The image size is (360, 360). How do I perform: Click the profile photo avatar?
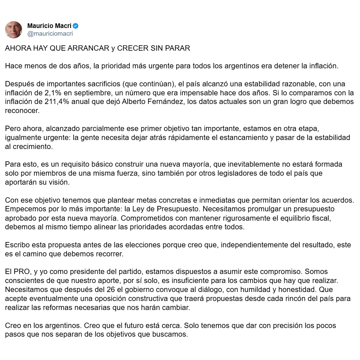coord(14,30)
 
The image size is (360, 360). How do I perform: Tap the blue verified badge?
coord(76,26)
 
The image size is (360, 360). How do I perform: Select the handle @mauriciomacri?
coord(50,34)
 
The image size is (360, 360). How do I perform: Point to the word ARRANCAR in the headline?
coord(88,48)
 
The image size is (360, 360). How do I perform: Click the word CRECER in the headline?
coord(130,48)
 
